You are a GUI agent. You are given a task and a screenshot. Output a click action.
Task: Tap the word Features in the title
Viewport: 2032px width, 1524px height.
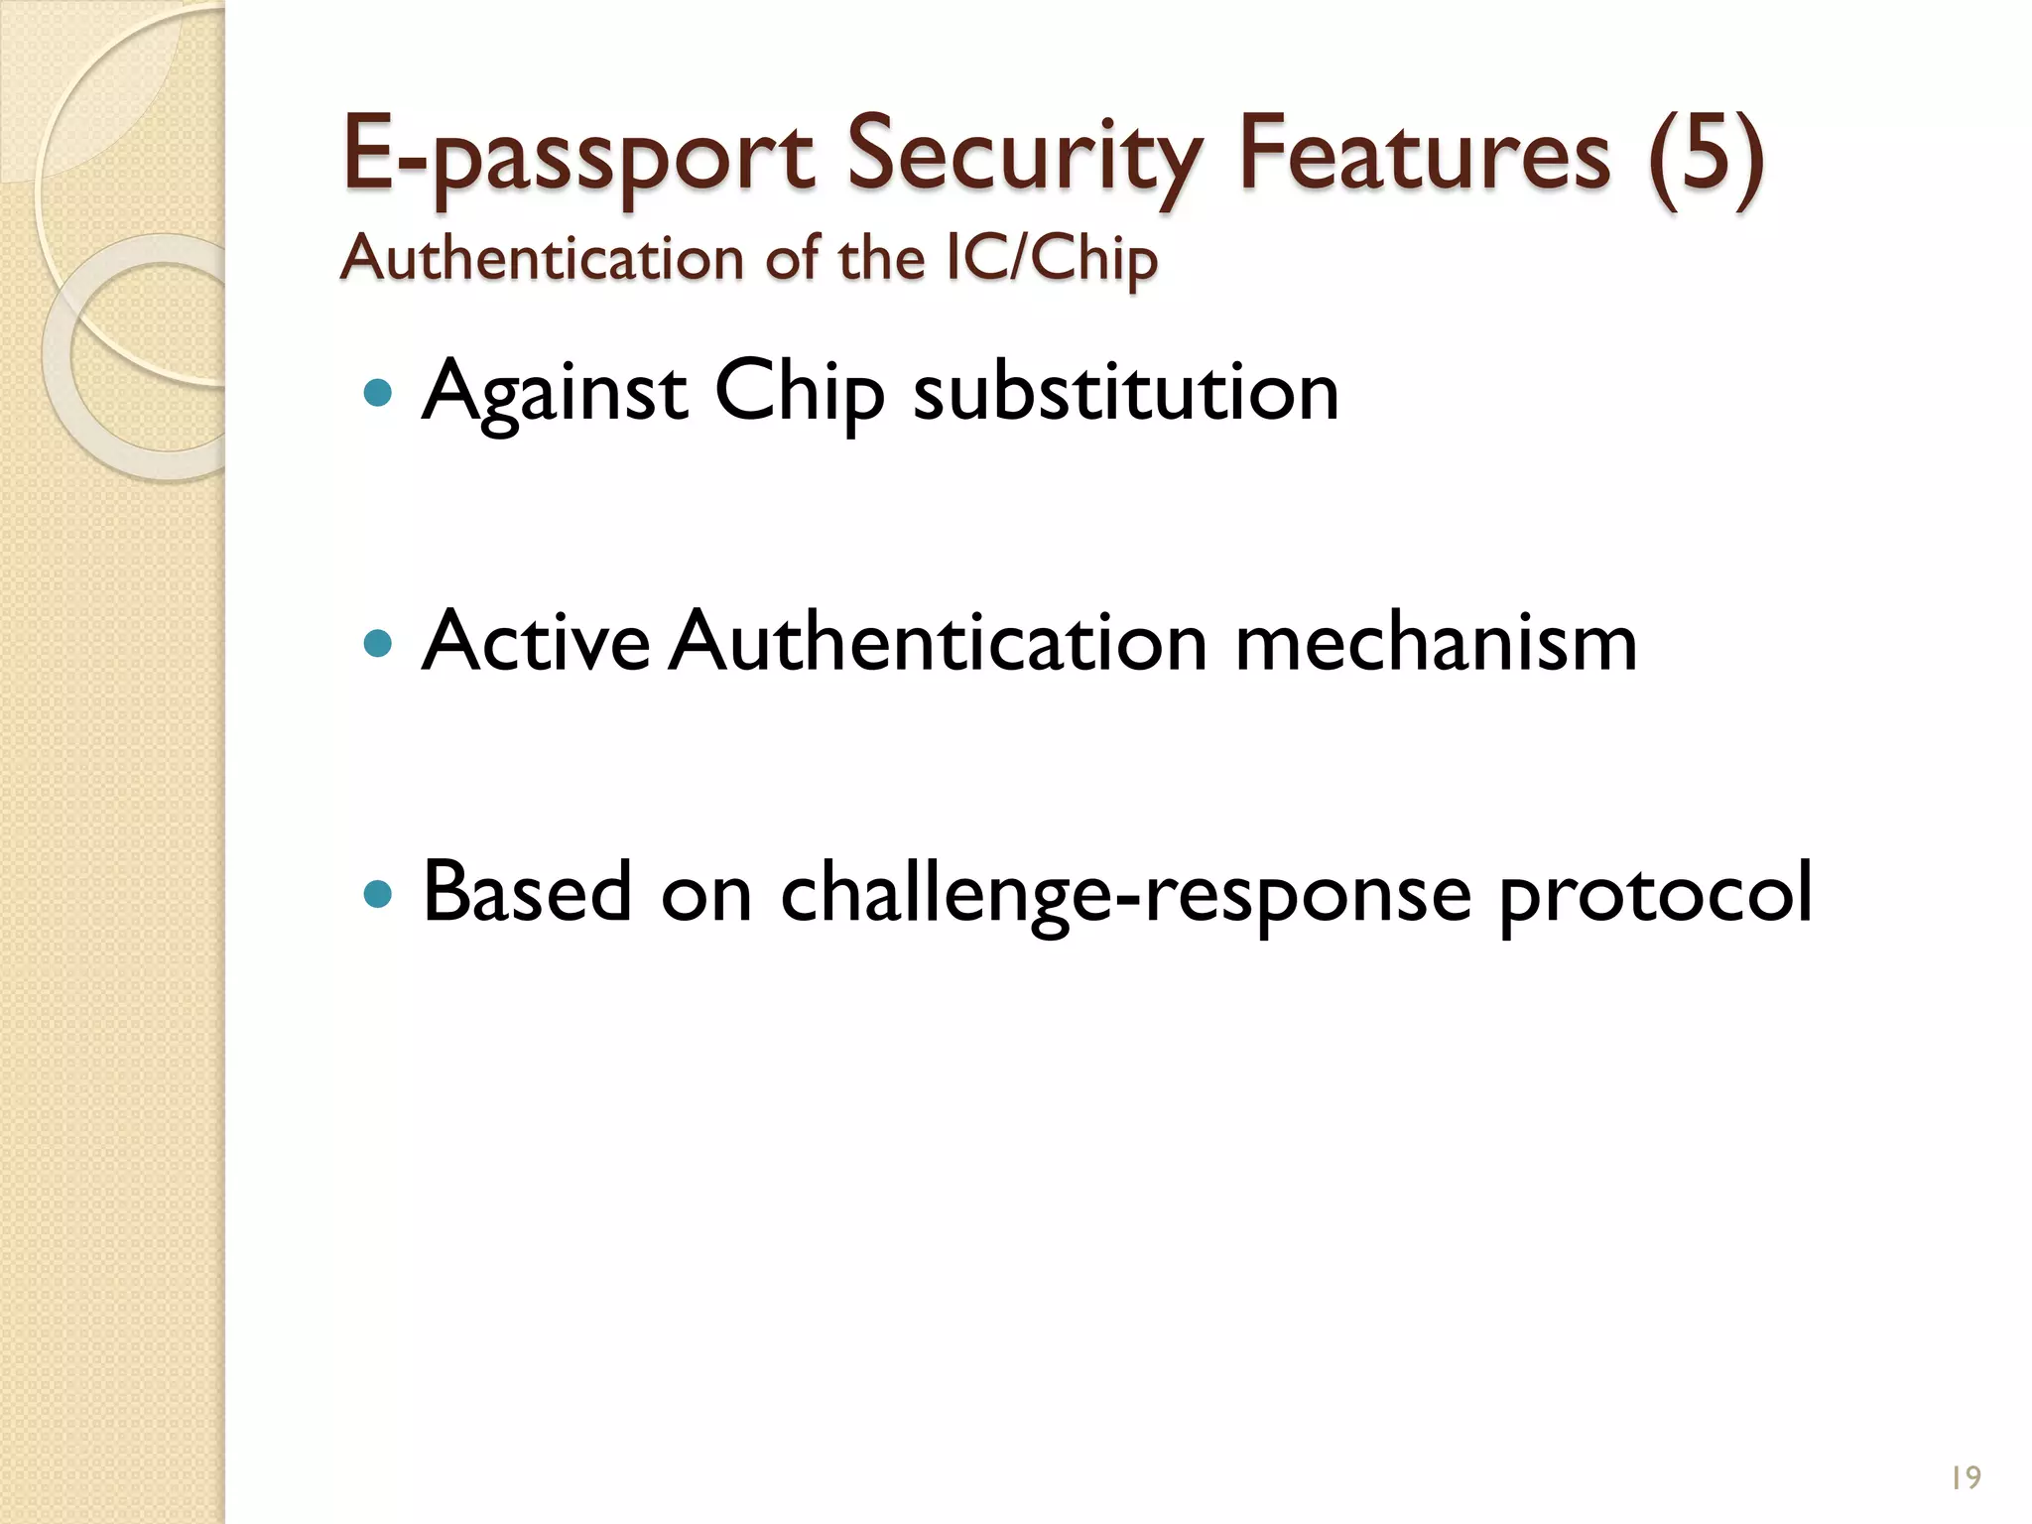(1425, 154)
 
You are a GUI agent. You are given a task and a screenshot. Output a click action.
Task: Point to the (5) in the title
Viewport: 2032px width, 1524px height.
(1706, 154)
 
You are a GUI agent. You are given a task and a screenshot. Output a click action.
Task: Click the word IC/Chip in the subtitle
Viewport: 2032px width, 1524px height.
(1052, 260)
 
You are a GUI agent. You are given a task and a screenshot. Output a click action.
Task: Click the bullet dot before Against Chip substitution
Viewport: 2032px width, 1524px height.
(378, 394)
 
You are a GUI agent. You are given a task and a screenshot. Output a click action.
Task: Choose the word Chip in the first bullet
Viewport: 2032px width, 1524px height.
(799, 394)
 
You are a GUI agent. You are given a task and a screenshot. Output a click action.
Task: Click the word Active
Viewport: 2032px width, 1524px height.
(536, 642)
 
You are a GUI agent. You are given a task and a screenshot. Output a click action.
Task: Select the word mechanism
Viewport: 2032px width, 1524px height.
(1436, 642)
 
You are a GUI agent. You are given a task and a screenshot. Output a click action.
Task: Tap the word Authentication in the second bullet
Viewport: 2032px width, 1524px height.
(938, 642)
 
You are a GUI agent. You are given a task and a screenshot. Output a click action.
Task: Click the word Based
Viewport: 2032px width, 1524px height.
(527, 892)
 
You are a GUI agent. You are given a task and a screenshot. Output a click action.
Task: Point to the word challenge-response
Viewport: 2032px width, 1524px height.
(1126, 894)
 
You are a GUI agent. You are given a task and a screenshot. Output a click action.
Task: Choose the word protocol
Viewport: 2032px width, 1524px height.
(1655, 894)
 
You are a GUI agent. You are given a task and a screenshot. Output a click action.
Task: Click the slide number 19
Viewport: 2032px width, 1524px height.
(1966, 1477)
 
